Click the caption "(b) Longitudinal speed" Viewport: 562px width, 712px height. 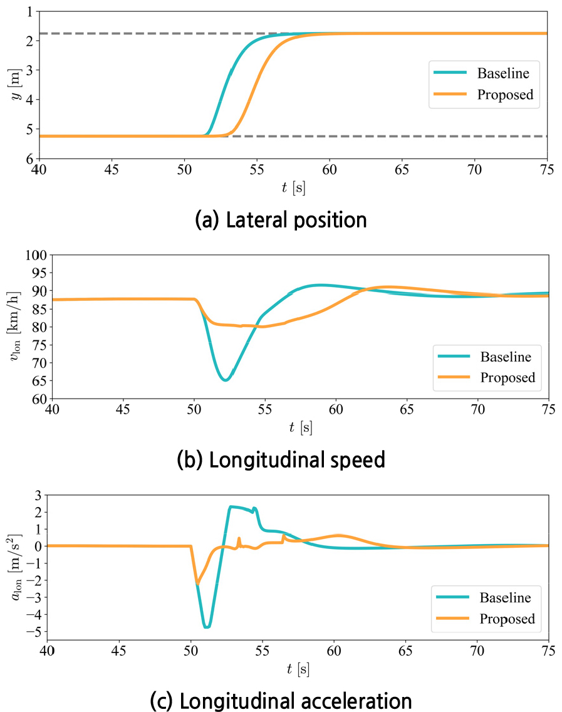pos(280,460)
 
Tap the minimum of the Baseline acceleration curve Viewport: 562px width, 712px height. pos(206,627)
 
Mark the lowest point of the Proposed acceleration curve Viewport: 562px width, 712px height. pos(197,584)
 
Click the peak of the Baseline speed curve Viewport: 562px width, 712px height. pos(320,285)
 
